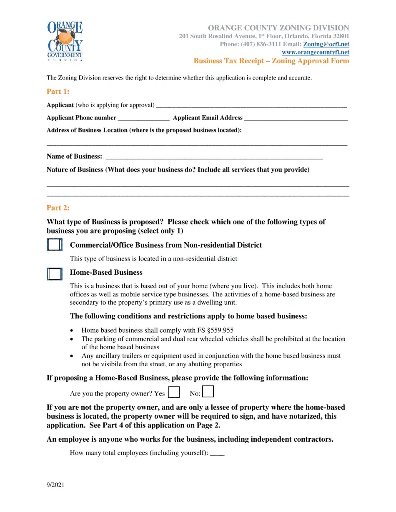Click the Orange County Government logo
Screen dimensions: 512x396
pyautogui.click(x=65, y=41)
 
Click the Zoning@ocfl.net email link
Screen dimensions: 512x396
pyautogui.click(x=326, y=44)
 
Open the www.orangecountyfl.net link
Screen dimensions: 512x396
pyautogui.click(x=315, y=52)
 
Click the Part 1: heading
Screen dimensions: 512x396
pyautogui.click(x=58, y=92)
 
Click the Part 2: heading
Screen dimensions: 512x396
pyautogui.click(x=58, y=208)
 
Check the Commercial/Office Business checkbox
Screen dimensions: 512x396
pyautogui.click(x=54, y=245)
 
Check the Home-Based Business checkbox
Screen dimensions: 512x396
pyautogui.click(x=54, y=274)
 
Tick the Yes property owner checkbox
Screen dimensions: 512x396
pyautogui.click(x=173, y=393)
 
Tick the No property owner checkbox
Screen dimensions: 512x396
pyautogui.click(x=208, y=392)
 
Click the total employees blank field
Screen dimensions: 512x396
pyautogui.click(x=217, y=453)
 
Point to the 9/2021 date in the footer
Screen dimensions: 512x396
pyautogui.click(x=55, y=485)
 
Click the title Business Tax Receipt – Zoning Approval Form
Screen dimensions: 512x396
pyautogui.click(x=271, y=61)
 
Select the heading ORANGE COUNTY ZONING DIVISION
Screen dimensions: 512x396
pyautogui.click(x=278, y=28)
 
